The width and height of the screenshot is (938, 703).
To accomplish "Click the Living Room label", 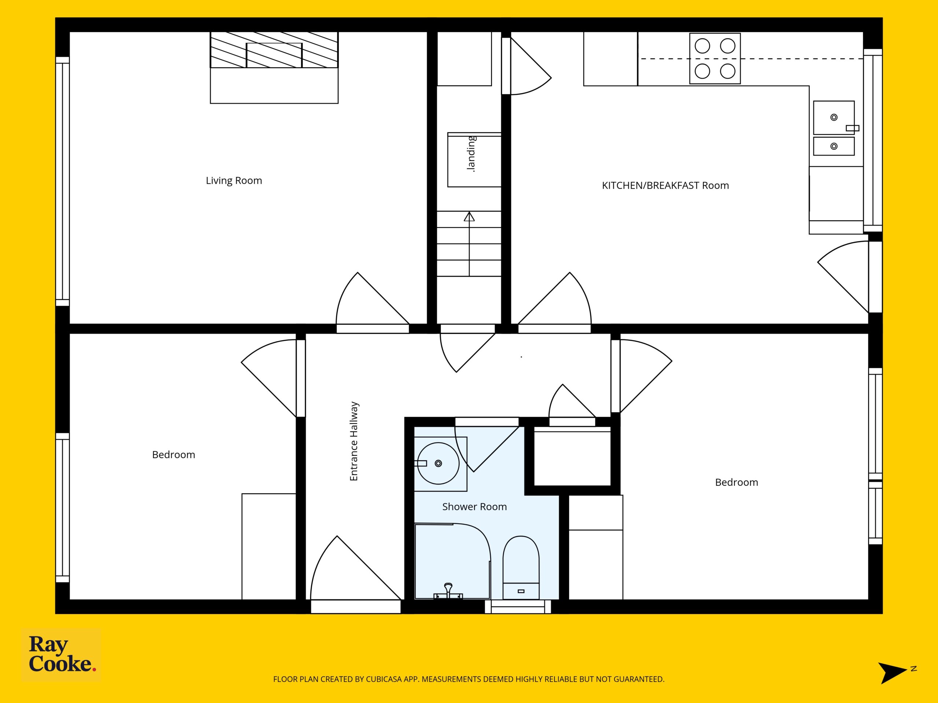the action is click(234, 181).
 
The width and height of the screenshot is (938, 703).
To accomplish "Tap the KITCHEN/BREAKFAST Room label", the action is click(665, 185).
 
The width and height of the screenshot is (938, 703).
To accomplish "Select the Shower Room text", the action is click(474, 506).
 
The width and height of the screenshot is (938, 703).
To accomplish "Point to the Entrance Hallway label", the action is click(354, 441).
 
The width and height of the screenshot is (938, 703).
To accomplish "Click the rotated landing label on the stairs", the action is click(471, 154).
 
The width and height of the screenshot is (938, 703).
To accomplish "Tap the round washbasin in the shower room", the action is click(439, 463).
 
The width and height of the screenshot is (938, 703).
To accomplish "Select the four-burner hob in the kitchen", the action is click(715, 59).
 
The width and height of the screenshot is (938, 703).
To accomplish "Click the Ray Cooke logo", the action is click(61, 655).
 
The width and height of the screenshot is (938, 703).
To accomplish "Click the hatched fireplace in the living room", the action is click(274, 49).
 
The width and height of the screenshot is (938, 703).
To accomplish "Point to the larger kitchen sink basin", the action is click(834, 118).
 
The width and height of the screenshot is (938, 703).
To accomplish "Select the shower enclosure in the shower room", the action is click(453, 561).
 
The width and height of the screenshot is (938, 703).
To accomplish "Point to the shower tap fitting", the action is click(448, 591).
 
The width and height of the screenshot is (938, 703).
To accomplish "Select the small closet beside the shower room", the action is click(572, 456).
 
